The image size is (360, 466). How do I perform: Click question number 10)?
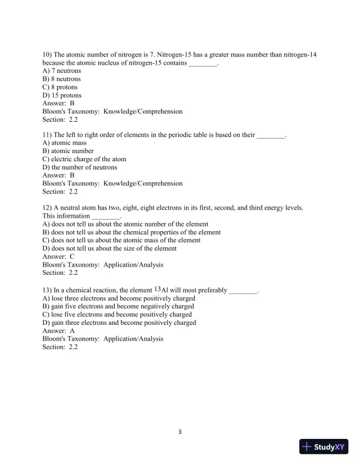[47, 54]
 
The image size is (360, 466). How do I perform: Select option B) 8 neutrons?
[62, 79]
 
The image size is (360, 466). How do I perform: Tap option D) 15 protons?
[62, 95]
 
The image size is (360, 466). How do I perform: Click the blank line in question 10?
[203, 63]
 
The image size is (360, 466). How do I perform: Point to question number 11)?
[47, 135]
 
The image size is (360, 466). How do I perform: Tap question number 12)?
[47, 208]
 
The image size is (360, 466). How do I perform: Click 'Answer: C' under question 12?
[58, 257]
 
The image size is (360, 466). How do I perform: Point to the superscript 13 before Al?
[157, 289]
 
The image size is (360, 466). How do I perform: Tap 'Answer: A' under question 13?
[58, 331]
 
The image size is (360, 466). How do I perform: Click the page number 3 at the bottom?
[180, 432]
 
